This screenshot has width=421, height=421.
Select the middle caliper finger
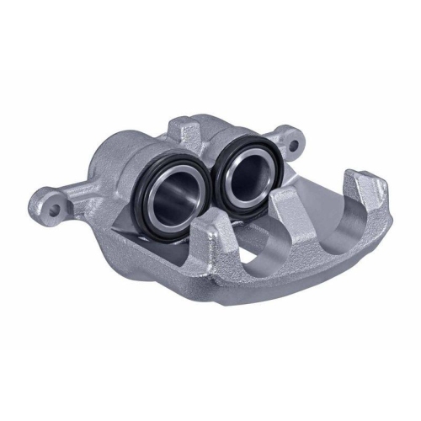(290, 205)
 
